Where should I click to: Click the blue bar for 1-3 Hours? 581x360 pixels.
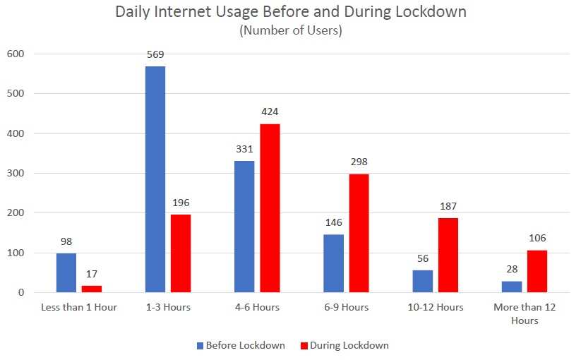(155, 179)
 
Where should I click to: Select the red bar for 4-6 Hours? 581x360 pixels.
(270, 208)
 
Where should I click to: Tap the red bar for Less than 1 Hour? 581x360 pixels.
(92, 289)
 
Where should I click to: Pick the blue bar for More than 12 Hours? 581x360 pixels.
(511, 287)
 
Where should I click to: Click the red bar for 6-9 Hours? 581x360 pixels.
(359, 233)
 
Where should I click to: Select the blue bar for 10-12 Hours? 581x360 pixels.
(422, 281)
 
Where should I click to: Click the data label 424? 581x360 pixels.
(270, 112)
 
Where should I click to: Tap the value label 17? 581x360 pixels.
(92, 275)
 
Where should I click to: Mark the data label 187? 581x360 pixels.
(448, 206)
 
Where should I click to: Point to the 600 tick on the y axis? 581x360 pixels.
(15, 54)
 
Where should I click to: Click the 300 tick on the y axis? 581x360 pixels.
(15, 173)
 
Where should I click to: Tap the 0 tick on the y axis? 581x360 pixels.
(21, 292)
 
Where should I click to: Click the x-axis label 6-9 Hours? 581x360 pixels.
(346, 307)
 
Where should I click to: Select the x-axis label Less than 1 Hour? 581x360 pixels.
(79, 307)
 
